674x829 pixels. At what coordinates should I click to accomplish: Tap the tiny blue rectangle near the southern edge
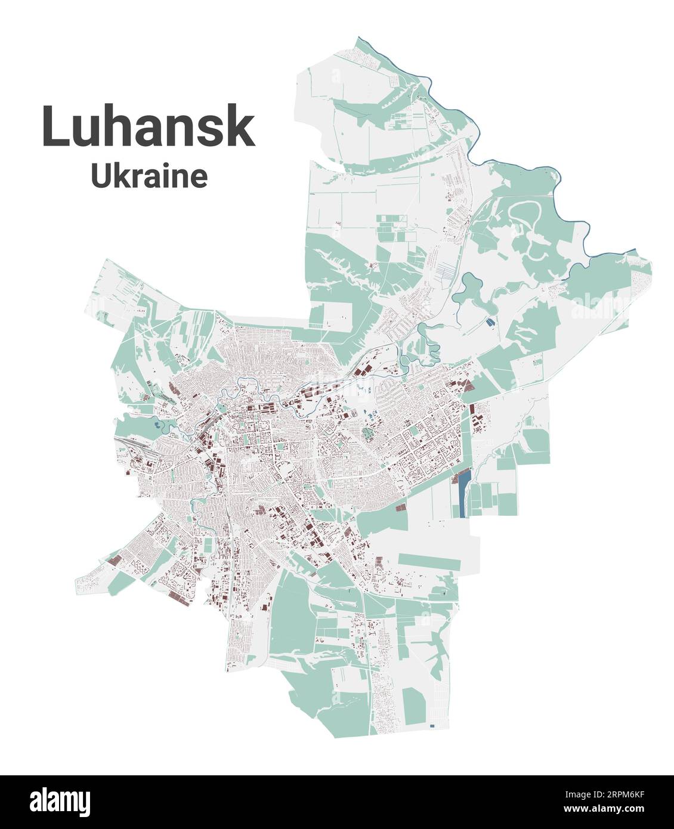click(x=432, y=726)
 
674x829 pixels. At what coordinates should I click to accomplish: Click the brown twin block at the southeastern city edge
click(x=400, y=507)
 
